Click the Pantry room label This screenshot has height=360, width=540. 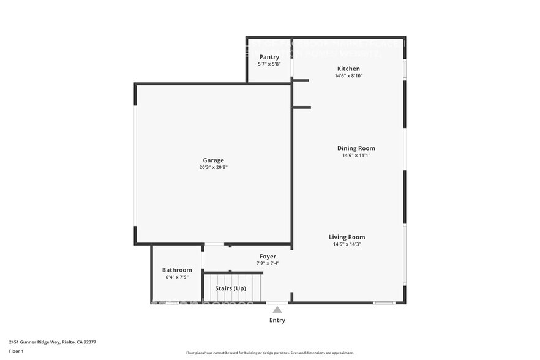pyautogui.click(x=269, y=57)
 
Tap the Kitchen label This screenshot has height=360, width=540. pyautogui.click(x=348, y=69)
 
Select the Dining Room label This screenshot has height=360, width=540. pyautogui.click(x=356, y=148)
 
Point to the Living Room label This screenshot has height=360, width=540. pyautogui.click(x=347, y=237)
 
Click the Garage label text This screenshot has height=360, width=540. pyautogui.click(x=214, y=160)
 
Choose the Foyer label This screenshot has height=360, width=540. pyautogui.click(x=268, y=257)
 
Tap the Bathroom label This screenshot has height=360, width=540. pyautogui.click(x=177, y=270)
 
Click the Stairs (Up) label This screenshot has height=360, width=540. pyautogui.click(x=230, y=288)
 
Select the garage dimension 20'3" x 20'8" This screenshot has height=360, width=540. pyautogui.click(x=214, y=167)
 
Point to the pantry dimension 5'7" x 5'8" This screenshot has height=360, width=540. pyautogui.click(x=269, y=64)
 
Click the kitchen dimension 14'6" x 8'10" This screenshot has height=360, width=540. pyautogui.click(x=348, y=76)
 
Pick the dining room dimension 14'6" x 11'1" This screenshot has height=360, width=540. pyautogui.click(x=356, y=156)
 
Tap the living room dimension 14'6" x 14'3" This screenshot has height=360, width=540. pyautogui.click(x=347, y=244)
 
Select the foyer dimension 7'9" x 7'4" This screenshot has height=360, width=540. pyautogui.click(x=268, y=263)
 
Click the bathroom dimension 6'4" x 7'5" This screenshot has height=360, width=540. pyautogui.click(x=177, y=277)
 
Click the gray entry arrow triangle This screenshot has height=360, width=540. pyautogui.click(x=277, y=310)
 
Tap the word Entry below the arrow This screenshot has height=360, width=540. pyautogui.click(x=277, y=320)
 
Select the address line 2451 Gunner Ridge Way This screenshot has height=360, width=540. pyautogui.click(x=52, y=342)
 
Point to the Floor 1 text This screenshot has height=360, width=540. pyautogui.click(x=16, y=351)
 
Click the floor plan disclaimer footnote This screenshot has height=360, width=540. pyautogui.click(x=269, y=353)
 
